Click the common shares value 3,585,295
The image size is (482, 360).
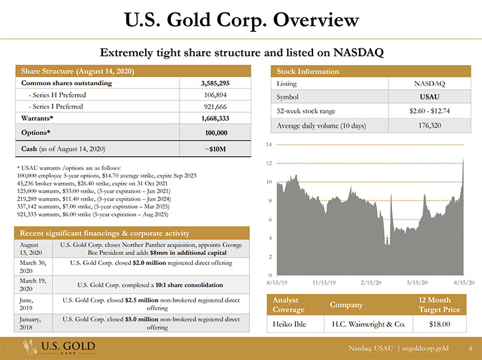215,83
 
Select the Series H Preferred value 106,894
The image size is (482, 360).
215,95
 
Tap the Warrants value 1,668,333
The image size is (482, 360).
215,118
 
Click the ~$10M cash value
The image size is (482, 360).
215,149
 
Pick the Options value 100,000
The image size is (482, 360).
216,133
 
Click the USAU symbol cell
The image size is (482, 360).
429,97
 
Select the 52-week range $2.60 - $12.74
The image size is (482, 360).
429,111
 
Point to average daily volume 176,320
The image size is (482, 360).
429,126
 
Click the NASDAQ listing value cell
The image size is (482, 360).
429,84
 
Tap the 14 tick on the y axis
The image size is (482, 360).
269,144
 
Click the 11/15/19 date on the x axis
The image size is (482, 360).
324,282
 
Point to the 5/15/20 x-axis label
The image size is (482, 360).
417,282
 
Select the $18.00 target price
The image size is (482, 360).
439,324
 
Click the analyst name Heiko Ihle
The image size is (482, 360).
289,324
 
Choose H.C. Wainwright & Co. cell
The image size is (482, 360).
368,324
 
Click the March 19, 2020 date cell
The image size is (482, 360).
33,285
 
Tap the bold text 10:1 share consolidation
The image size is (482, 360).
189,285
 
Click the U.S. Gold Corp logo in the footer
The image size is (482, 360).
59,347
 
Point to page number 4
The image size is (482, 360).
470,348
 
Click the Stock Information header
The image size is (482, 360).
308,71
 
